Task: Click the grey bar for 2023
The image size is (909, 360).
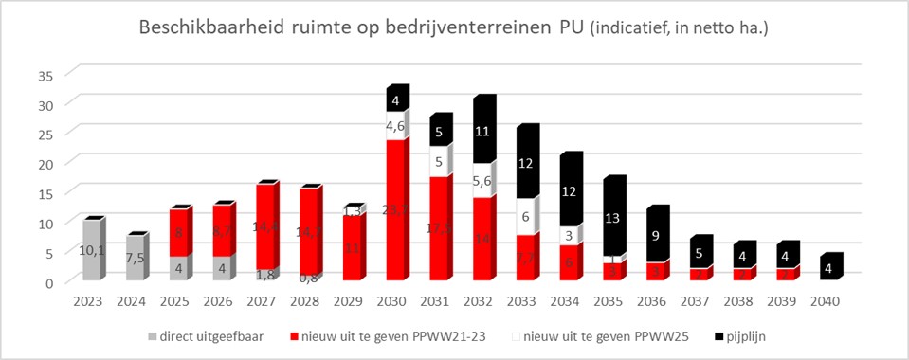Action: coord(91,251)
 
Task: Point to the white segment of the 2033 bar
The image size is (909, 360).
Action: coord(525,217)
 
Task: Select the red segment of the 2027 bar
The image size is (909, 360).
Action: coord(265,227)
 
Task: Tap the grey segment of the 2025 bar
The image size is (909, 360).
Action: coord(178,269)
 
